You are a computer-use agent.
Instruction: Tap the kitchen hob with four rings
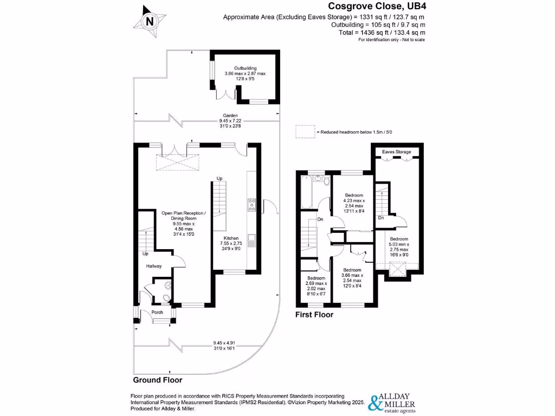(252, 204)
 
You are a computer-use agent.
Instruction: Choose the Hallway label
(154, 266)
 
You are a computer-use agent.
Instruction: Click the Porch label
(157, 312)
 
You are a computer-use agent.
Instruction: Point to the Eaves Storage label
(396, 152)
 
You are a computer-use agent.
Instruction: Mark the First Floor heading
(314, 315)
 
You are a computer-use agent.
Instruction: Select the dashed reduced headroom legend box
(304, 132)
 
